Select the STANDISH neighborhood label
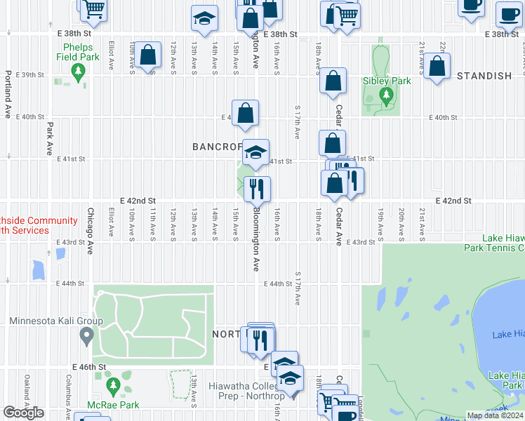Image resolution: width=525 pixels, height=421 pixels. pyautogui.click(x=484, y=76)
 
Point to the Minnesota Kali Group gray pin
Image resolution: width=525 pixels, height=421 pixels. pyautogui.click(x=86, y=336)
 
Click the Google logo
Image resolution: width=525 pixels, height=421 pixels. pyautogui.click(x=23, y=413)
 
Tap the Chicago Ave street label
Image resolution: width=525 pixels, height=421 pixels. pyautogui.click(x=91, y=225)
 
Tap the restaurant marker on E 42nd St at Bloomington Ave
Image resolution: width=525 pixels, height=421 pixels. pyautogui.click(x=257, y=188)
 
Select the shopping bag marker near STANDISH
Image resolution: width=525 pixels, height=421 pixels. pyautogui.click(x=437, y=67)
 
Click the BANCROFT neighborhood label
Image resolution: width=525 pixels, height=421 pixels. pyautogui.click(x=216, y=147)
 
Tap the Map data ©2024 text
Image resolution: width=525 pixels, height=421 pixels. pyautogui.click(x=494, y=415)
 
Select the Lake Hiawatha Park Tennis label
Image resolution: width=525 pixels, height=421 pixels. pyautogui.click(x=495, y=243)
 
